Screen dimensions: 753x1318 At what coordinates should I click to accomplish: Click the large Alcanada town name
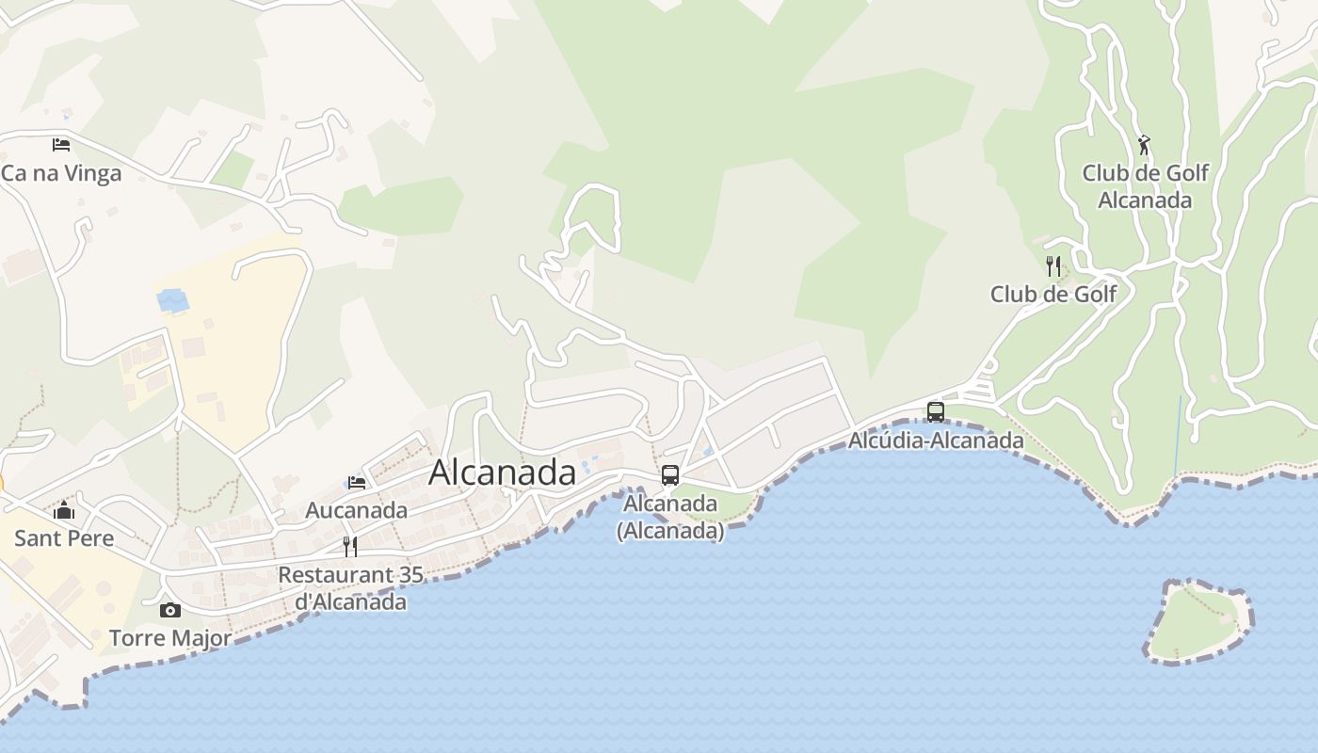pos(502,472)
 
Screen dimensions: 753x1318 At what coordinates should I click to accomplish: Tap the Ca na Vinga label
pos(61,173)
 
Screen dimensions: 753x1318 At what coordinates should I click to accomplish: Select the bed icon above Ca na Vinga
pos(61,144)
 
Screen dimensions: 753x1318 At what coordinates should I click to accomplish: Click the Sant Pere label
pos(64,538)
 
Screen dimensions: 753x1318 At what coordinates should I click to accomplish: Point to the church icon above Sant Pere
pos(64,510)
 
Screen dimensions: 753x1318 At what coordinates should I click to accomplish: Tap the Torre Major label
pos(170,638)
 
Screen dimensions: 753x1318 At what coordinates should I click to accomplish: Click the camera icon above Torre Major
pos(170,610)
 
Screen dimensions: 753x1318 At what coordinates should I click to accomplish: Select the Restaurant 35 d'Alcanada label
pos(350,588)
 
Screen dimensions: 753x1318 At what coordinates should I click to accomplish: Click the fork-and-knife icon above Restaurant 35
pos(350,546)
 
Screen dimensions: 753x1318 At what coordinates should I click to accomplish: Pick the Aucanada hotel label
pos(357,510)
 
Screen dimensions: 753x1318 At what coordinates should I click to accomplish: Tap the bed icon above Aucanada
pos(357,483)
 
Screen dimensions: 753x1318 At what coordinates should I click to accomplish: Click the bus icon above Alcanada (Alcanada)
pos(670,475)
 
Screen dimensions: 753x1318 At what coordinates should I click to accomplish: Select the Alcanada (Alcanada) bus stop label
pos(670,517)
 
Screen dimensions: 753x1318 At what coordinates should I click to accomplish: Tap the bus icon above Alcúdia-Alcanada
pos(936,411)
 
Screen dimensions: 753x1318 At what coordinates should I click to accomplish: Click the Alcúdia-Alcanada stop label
pos(936,440)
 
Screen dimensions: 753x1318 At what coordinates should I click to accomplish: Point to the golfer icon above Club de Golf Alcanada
pos(1144,145)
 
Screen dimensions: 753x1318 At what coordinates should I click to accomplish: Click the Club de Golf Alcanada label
pos(1145,186)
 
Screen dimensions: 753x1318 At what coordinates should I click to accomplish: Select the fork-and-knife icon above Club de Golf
pos(1053,266)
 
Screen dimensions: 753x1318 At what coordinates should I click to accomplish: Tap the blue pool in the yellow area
pos(173,300)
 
